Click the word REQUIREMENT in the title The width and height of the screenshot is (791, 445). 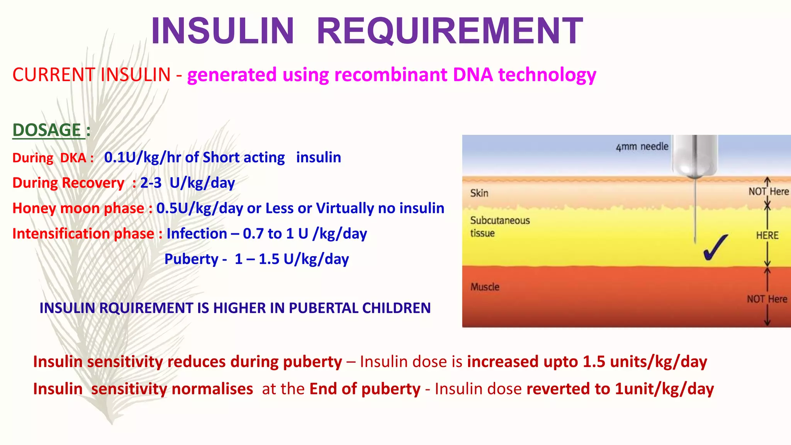(x=450, y=31)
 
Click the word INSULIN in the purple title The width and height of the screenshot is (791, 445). (x=223, y=31)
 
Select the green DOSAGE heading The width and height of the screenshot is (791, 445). (x=47, y=130)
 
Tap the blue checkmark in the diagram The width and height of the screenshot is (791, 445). (x=715, y=248)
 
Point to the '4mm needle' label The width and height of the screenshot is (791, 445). (x=642, y=147)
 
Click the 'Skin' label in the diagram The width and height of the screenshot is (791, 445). (x=479, y=193)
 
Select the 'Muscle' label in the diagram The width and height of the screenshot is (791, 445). (x=485, y=287)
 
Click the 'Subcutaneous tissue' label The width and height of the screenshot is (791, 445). (x=499, y=226)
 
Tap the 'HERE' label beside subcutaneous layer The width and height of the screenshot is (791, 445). (x=767, y=235)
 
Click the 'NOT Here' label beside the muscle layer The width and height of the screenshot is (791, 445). (x=767, y=299)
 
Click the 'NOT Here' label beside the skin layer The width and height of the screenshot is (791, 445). (x=768, y=192)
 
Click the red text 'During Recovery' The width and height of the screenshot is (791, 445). (x=68, y=183)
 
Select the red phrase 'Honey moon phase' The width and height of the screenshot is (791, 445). (x=78, y=209)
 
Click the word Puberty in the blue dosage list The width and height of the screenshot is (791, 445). (x=191, y=259)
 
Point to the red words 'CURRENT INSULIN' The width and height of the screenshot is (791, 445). (x=91, y=75)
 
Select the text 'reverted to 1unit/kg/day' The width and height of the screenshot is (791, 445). (x=620, y=389)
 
